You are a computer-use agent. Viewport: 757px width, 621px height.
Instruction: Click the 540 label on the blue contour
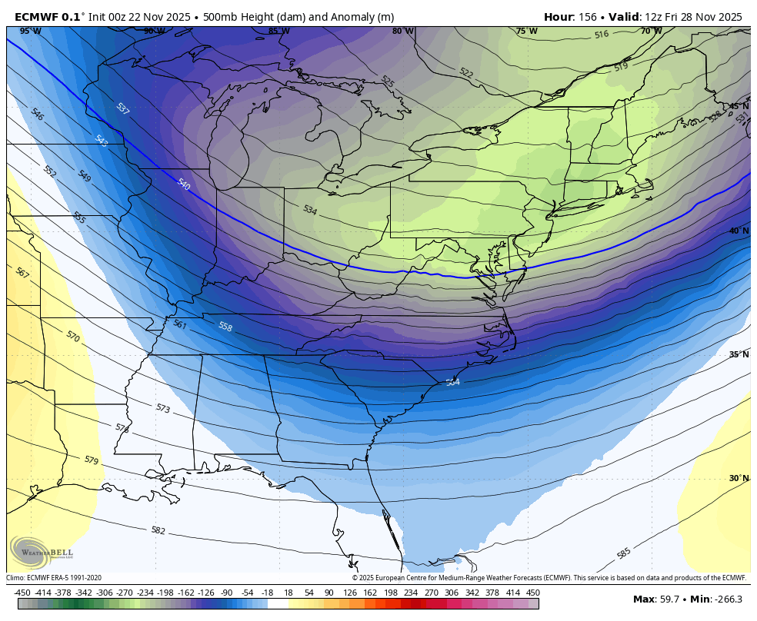click(x=183, y=184)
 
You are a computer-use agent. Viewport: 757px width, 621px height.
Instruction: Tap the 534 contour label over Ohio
click(x=309, y=210)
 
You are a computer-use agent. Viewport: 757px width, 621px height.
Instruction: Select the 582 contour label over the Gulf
click(x=158, y=530)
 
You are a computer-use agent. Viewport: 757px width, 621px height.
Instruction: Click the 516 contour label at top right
click(x=602, y=35)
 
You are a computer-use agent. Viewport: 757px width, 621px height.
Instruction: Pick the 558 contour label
click(x=225, y=327)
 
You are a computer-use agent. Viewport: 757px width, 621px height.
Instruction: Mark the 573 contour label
click(x=162, y=409)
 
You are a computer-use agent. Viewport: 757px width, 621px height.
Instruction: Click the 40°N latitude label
click(x=739, y=231)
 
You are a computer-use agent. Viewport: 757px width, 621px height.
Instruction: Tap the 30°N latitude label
click(x=739, y=478)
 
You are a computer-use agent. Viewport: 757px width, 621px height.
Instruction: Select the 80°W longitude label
click(x=402, y=32)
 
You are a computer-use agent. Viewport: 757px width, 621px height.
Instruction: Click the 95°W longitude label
click(x=30, y=32)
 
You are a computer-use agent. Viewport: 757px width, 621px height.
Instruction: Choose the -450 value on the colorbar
click(x=23, y=593)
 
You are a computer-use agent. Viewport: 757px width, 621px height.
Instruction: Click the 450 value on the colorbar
click(x=532, y=593)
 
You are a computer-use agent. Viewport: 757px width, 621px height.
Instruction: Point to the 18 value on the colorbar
click(x=288, y=593)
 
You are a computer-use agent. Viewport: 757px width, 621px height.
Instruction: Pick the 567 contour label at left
click(x=22, y=273)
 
